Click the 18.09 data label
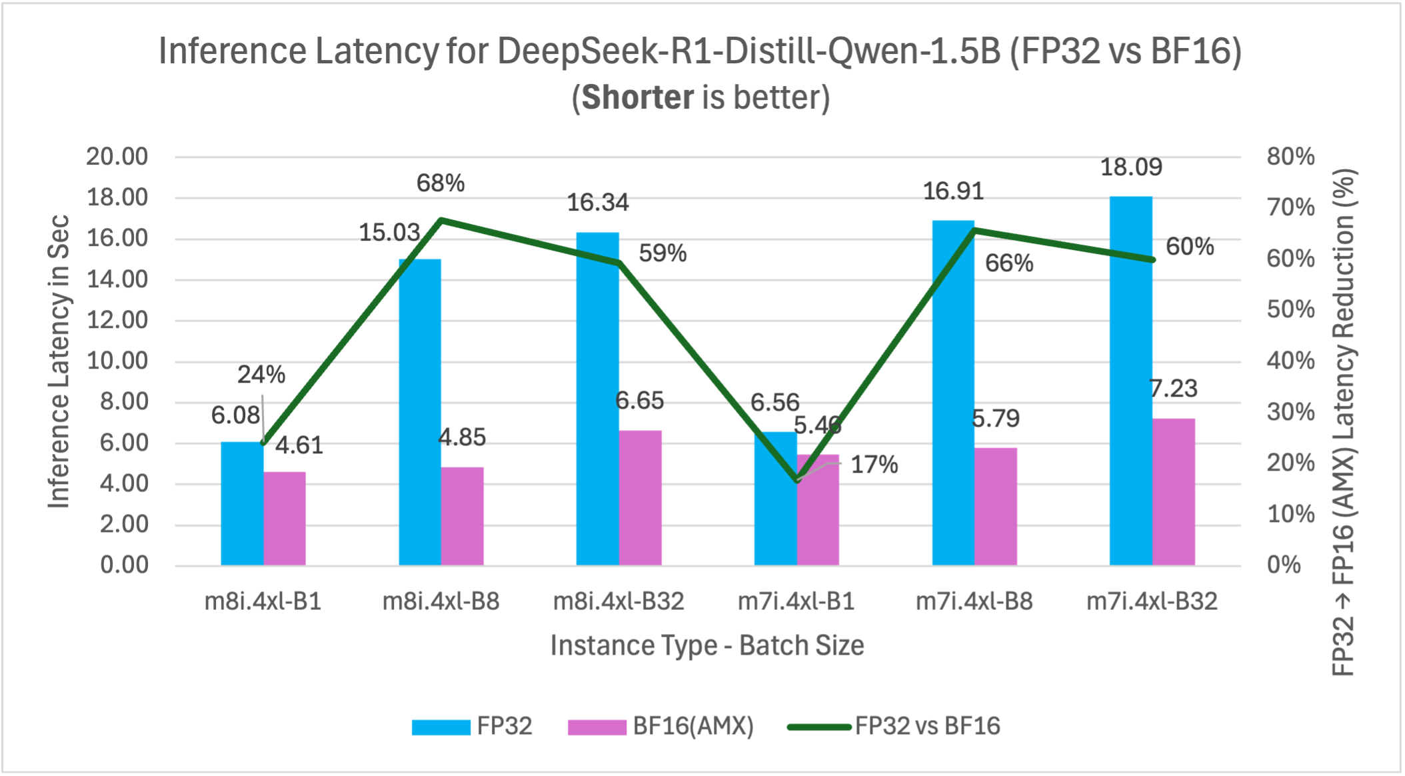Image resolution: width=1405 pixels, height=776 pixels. [x=1130, y=167]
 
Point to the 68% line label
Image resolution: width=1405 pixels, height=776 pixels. [x=441, y=183]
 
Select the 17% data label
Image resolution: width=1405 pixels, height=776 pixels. [x=874, y=465]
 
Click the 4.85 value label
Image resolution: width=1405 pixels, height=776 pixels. [x=462, y=437]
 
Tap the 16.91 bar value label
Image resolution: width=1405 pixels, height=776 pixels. [x=953, y=192]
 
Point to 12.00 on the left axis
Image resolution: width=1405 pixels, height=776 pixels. [x=117, y=321]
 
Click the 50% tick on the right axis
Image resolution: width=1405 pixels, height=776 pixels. [x=1290, y=310]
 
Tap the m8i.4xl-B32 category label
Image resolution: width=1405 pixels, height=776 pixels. [x=619, y=601]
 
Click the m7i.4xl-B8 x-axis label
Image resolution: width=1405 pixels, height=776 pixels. [x=974, y=601]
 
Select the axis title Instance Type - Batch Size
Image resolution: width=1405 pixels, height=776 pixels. [x=706, y=645]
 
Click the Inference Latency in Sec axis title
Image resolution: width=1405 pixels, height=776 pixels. [x=59, y=361]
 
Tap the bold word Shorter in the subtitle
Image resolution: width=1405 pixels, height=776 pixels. [x=638, y=98]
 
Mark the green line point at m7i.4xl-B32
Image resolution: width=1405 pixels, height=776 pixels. [x=1152, y=259]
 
